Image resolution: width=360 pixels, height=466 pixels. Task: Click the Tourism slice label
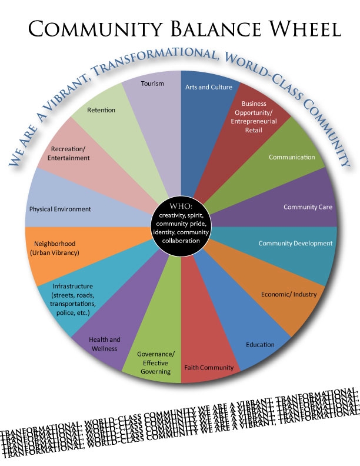152,84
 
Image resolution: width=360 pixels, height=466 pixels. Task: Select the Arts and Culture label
209,87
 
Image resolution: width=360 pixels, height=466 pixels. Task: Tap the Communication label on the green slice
292,157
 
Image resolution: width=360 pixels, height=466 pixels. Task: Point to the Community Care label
308,207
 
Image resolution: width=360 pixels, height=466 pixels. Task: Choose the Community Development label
295,243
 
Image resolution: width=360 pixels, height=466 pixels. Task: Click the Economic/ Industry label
288,295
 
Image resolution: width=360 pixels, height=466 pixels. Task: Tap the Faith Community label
209,368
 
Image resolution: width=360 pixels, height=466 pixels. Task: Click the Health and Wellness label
104,344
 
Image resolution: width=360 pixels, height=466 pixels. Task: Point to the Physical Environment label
60,209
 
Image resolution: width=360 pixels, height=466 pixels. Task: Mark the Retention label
101,110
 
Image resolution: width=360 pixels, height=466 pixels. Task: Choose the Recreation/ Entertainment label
70,153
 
